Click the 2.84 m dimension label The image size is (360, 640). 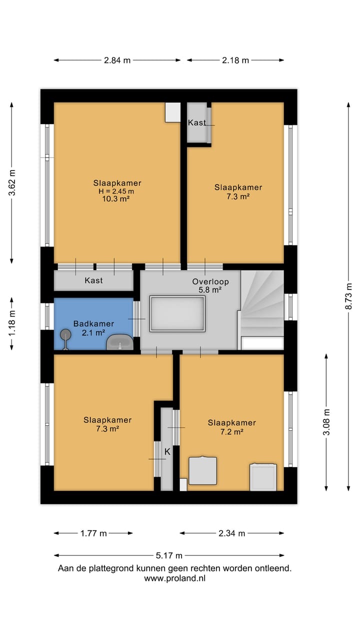[x=117, y=60]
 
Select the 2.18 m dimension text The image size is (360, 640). [x=235, y=60]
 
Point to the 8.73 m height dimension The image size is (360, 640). [x=348, y=296]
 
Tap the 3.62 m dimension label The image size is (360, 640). [x=12, y=182]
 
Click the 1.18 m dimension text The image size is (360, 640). [x=12, y=323]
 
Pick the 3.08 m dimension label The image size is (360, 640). [x=326, y=422]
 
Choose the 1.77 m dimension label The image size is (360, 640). [x=93, y=533]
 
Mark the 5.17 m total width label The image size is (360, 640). [x=169, y=555]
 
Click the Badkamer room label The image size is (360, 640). [x=93, y=323]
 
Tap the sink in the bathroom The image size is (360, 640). [x=119, y=342]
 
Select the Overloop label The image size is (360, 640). [x=210, y=281]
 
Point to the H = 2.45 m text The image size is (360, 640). [x=116, y=191]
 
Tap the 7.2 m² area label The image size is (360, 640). [x=231, y=431]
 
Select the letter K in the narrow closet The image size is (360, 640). [x=167, y=451]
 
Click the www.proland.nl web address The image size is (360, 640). [x=175, y=578]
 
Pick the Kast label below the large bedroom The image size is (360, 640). [x=93, y=280]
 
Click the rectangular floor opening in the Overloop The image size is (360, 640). [x=177, y=313]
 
